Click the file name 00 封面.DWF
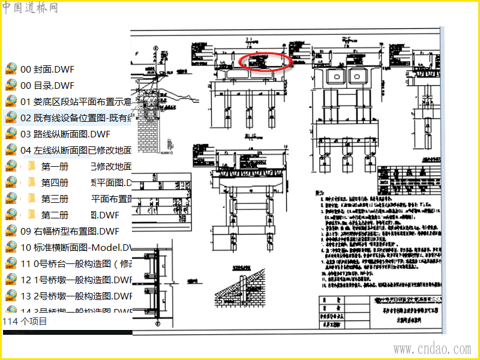click(47, 69)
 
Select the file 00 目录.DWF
click(47, 85)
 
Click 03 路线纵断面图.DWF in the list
click(67, 134)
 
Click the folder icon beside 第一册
click(32, 166)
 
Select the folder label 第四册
click(55, 182)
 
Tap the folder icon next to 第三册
click(32, 199)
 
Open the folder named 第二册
click(55, 215)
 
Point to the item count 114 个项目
click(25, 322)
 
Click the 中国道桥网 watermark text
click(30, 8)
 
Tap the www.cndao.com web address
click(432, 349)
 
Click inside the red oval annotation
click(265, 62)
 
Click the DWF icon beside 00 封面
click(11, 69)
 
